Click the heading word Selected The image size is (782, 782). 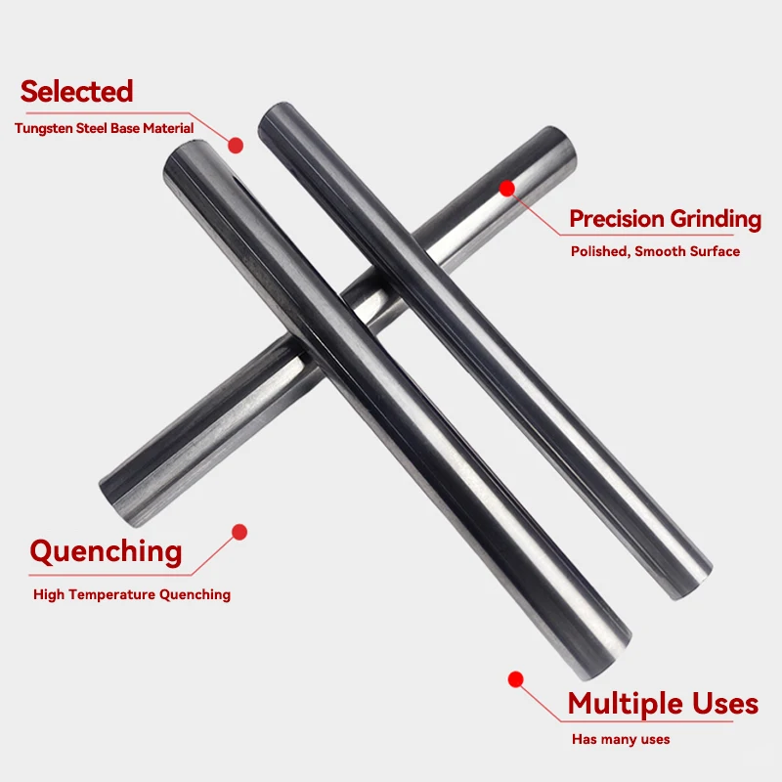tap(76, 92)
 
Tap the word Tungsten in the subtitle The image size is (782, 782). tap(43, 128)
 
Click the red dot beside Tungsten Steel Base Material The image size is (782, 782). tap(235, 145)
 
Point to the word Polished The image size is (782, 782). tap(599, 251)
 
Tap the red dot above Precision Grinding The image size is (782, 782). tap(506, 187)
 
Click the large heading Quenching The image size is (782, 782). tap(106, 552)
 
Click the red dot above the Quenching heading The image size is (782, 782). tap(239, 533)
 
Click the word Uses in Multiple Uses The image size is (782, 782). tap(725, 704)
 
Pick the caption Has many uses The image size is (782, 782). tap(621, 740)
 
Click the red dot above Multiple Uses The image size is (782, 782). tap(516, 678)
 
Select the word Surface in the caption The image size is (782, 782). tap(714, 251)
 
